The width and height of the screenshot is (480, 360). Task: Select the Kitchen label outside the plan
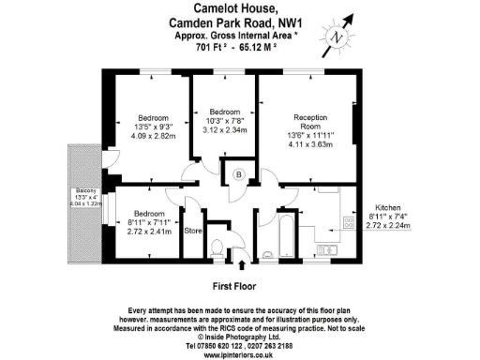389,207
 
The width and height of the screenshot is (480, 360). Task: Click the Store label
193,231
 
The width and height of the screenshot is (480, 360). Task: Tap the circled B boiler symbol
239,174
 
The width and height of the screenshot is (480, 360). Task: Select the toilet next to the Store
219,247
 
